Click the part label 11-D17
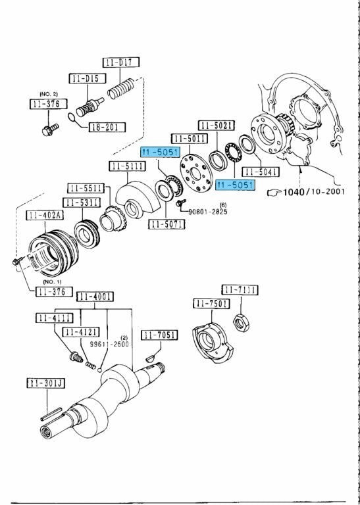(x=121, y=62)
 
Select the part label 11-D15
(x=88, y=78)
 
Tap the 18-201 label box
(x=107, y=127)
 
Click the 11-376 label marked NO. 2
(x=48, y=104)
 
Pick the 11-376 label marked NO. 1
(x=54, y=291)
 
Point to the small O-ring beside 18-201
(x=73, y=118)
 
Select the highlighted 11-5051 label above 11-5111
(x=160, y=152)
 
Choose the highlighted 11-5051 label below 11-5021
(x=235, y=185)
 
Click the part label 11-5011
(x=190, y=139)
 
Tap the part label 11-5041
(x=261, y=172)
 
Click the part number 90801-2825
(x=208, y=212)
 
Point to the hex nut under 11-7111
(x=241, y=322)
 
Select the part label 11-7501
(x=211, y=303)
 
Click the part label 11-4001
(x=95, y=297)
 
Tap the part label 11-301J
(x=46, y=383)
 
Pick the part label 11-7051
(x=159, y=335)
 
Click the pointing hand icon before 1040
(x=274, y=193)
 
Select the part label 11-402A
(x=45, y=216)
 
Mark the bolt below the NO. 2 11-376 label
(x=50, y=129)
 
